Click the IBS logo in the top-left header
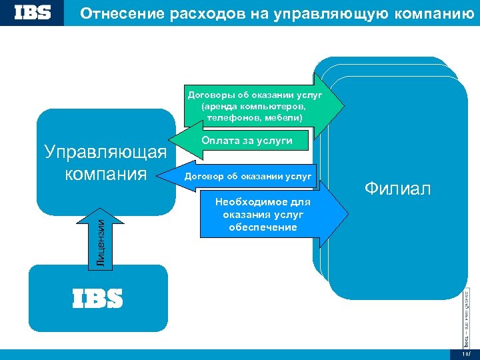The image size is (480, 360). (x=32, y=13)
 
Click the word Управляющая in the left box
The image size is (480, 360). (x=105, y=152)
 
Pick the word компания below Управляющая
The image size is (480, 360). (x=105, y=174)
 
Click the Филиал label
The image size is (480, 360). (x=397, y=189)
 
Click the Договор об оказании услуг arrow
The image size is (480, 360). (x=247, y=177)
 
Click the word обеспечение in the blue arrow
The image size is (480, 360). (x=263, y=227)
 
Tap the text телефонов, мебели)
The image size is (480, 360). (x=255, y=117)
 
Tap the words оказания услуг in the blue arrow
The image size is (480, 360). (x=263, y=215)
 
